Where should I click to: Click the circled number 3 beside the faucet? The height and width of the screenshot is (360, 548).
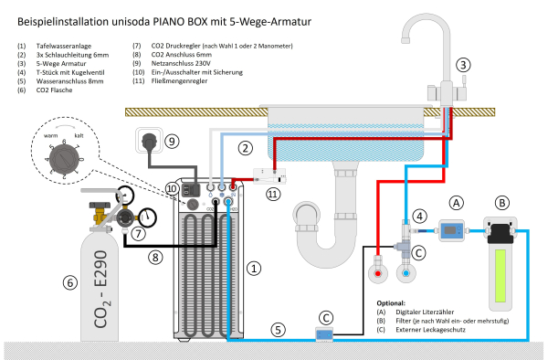click(464, 65)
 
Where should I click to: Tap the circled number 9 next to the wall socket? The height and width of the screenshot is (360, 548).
click(173, 141)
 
